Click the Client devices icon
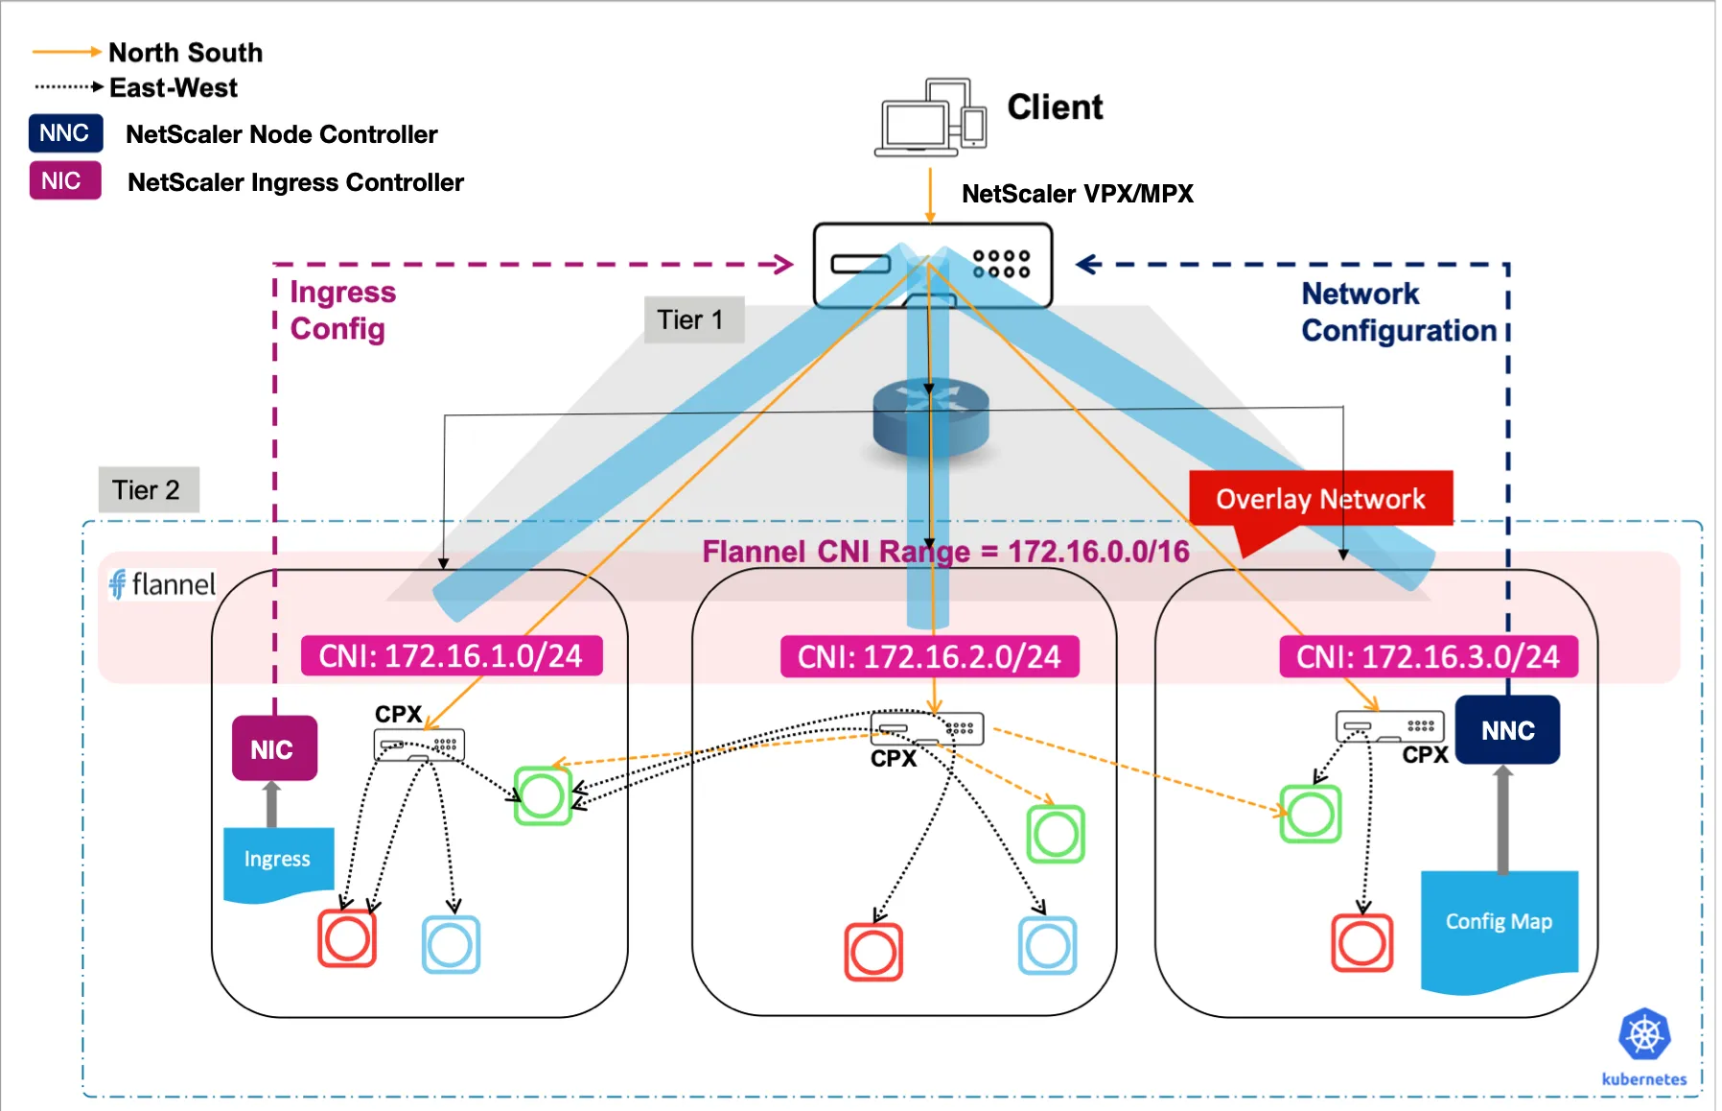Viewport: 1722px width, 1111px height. coord(930,117)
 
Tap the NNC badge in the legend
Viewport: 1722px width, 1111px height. coord(65,133)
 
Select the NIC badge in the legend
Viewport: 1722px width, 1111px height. coord(65,180)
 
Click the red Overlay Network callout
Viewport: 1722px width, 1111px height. coord(1320,498)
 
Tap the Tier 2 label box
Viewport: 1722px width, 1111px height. coord(149,490)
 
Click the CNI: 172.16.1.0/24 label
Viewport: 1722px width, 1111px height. coord(452,656)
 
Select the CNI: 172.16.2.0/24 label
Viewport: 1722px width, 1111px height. coord(929,657)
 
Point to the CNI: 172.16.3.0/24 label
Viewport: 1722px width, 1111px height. coord(1428,657)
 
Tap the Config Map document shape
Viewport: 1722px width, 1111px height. coord(1499,926)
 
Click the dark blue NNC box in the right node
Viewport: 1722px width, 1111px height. coord(1507,730)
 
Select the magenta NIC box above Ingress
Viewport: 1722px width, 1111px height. coord(274,748)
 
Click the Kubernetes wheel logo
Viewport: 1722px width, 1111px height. coord(1644,1034)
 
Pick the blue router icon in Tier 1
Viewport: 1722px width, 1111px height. coord(930,420)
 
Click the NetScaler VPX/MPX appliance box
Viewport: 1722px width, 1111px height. coord(932,265)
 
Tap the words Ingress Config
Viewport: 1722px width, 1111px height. coord(342,310)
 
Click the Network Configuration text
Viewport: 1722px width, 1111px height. coord(1398,312)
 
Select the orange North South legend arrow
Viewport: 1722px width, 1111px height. coord(66,52)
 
